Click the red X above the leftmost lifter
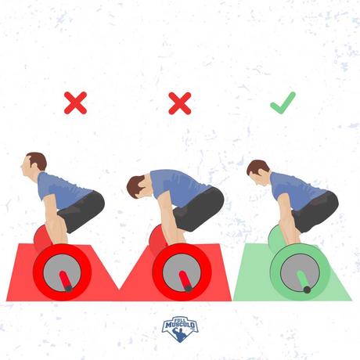tap(75, 103)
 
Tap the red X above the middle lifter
tap(180, 103)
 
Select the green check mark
tap(283, 103)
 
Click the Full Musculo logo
tap(180, 329)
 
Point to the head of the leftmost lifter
tap(34, 164)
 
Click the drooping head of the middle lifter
tap(137, 186)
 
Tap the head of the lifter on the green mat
tap(258, 173)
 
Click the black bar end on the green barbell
tap(307, 290)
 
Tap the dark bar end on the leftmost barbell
tap(69, 288)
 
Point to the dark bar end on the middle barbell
tap(188, 288)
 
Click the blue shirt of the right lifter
tap(295, 190)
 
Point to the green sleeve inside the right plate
tap(303, 280)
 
